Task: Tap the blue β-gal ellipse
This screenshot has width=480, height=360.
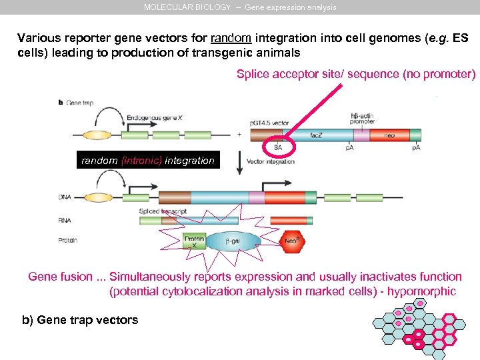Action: pos(233,241)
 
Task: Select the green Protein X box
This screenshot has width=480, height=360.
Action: pos(193,241)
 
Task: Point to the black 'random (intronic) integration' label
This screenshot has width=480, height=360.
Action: pos(147,161)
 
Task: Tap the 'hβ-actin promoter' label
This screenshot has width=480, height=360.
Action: pos(362,118)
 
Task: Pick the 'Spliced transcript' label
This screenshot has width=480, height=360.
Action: pos(163,211)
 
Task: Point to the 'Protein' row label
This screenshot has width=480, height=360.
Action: pos(69,241)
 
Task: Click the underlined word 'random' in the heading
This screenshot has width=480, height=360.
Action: pos(231,38)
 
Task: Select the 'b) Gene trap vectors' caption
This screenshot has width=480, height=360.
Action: pos(80,320)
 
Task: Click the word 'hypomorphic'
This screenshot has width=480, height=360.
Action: pos(423,291)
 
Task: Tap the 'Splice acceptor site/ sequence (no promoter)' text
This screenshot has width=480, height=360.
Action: pos(356,74)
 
